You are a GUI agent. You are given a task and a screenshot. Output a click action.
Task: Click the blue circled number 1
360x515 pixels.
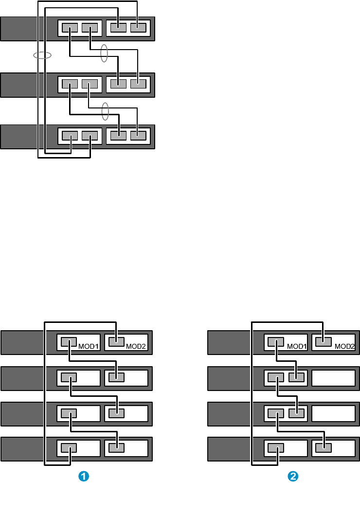point(83,477)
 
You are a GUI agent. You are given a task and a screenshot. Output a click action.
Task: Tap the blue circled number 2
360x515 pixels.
point(292,477)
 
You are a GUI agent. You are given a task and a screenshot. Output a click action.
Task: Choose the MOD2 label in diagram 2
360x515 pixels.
point(343,347)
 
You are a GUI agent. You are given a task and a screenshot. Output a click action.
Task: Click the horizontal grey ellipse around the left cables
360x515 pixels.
point(42,55)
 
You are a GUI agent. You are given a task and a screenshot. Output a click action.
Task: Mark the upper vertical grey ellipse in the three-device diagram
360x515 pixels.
point(104,53)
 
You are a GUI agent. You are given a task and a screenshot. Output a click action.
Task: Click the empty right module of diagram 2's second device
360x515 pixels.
point(333,377)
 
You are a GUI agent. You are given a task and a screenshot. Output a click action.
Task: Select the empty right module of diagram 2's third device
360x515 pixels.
point(333,413)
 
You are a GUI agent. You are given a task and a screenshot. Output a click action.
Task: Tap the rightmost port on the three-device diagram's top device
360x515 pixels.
point(138,28)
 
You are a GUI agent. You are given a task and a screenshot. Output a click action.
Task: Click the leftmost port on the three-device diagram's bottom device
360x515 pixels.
point(71,136)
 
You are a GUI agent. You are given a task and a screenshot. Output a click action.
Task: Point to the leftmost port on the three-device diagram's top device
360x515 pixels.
point(71,28)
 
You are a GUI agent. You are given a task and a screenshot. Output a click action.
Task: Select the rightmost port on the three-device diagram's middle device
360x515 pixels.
point(138,83)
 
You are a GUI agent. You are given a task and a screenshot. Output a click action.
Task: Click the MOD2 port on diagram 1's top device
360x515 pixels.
point(116,342)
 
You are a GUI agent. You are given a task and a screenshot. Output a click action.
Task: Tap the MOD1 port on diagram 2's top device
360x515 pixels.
point(276,342)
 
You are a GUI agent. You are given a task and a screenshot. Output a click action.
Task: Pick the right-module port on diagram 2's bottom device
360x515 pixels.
point(324,447)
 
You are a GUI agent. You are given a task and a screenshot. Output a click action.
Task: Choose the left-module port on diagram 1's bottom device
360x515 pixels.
point(69,447)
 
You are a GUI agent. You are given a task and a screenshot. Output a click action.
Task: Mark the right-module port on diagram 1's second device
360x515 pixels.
point(116,377)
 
